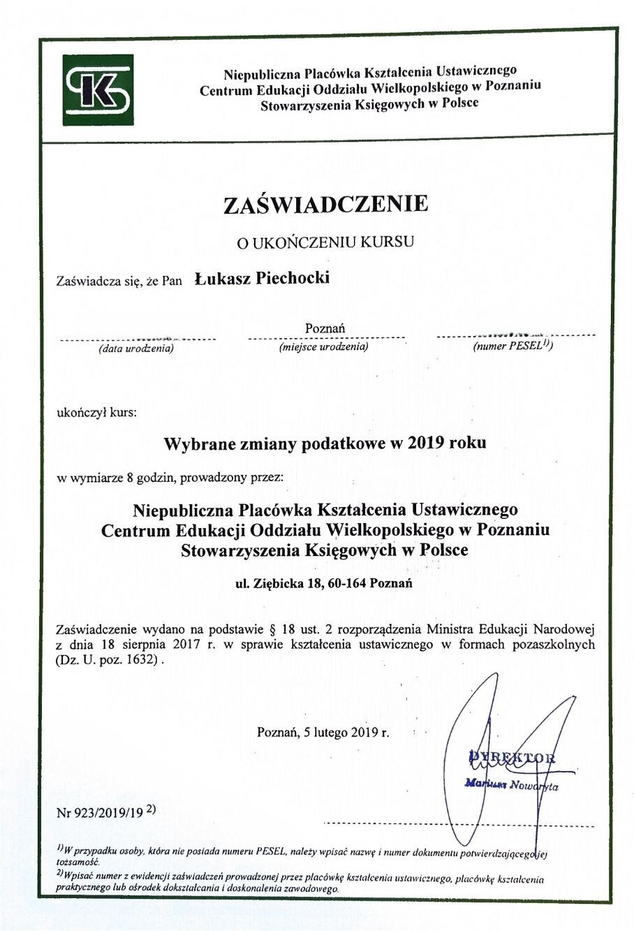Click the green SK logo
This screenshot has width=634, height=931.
coord(98,89)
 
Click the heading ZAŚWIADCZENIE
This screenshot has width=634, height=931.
coord(325,204)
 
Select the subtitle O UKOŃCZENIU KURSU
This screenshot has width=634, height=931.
coord(325,242)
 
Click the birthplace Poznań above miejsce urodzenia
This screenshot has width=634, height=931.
coord(325,328)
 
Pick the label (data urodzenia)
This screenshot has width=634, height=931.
coord(136,347)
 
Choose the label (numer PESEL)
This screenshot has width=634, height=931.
coord(512,346)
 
